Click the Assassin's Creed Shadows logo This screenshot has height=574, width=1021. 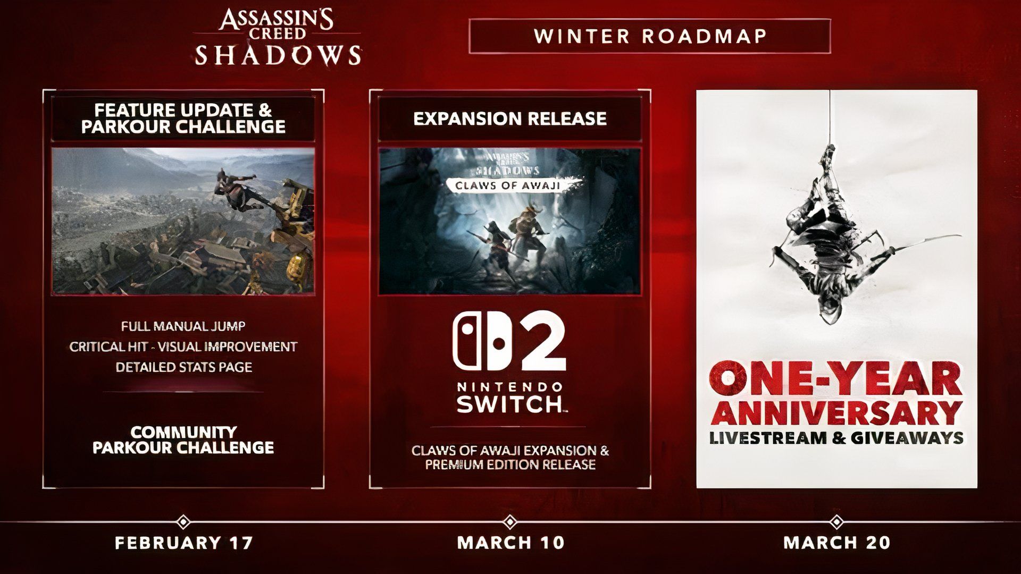click(278, 37)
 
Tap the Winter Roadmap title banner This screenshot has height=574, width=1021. click(649, 36)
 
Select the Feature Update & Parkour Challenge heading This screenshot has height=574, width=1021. click(183, 118)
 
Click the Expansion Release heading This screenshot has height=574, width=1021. click(510, 119)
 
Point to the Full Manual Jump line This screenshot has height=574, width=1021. click(183, 326)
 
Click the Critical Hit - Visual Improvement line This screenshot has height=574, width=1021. click(183, 347)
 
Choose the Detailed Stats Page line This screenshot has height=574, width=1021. click(183, 367)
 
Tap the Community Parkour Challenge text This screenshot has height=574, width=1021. click(183, 440)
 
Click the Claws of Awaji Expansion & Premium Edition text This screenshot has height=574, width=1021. click(510, 458)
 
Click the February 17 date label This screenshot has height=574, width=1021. click(183, 543)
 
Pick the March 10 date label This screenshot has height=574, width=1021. click(510, 543)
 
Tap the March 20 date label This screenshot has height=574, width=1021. click(836, 543)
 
